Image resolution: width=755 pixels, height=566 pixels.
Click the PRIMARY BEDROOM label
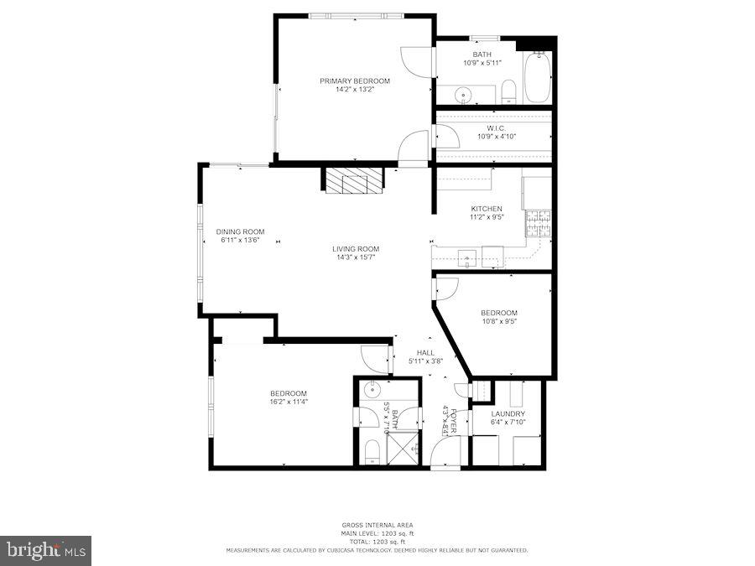click(354, 80)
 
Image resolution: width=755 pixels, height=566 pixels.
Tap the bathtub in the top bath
click(537, 78)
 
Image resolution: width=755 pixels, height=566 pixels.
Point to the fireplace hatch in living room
click(354, 180)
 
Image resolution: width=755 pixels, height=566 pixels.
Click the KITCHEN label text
click(486, 209)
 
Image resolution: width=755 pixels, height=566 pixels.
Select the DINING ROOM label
click(240, 231)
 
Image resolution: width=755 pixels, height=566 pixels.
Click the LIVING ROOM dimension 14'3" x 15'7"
click(355, 257)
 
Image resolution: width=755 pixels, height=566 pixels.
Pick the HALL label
click(424, 353)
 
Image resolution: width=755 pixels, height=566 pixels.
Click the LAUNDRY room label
click(508, 414)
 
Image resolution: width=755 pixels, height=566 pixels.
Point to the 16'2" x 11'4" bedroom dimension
click(288, 402)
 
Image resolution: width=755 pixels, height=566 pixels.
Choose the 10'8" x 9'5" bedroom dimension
click(498, 321)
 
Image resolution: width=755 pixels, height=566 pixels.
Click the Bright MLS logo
click(46, 550)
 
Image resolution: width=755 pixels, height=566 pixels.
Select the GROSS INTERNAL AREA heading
click(377, 525)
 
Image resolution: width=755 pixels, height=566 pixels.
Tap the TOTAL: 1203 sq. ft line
click(377, 542)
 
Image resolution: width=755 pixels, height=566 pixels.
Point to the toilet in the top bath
click(508, 91)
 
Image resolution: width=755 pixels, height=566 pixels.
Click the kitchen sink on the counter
click(466, 257)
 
